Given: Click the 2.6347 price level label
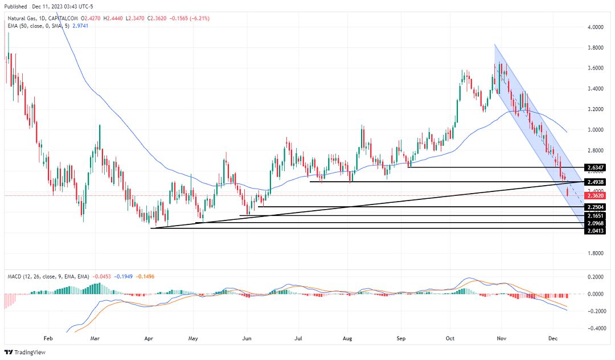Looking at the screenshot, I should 595,168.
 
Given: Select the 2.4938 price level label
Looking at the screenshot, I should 595,182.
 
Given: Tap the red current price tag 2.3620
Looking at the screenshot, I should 595,195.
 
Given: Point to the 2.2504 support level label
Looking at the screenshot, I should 595,207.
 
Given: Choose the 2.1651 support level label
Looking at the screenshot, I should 595,216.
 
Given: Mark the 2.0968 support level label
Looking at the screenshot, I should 595,223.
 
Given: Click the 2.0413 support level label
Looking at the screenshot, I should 595,231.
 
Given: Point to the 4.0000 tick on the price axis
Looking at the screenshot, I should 595,27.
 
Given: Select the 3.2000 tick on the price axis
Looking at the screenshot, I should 595,109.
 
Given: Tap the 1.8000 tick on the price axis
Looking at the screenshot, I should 595,253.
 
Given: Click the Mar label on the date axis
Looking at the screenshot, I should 95,337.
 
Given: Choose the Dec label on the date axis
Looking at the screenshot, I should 552,337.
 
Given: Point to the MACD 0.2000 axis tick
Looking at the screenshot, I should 595,277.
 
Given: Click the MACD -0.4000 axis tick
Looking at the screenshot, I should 595,329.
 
